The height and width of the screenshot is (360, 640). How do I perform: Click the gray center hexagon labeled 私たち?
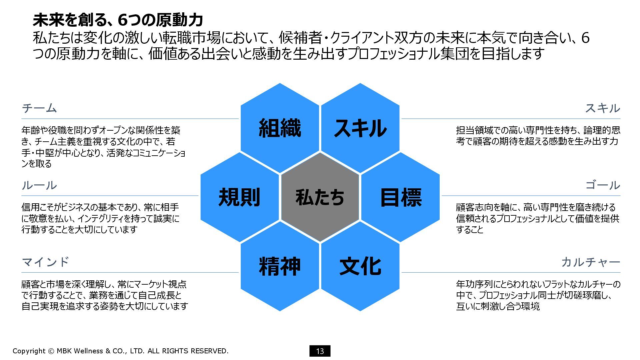[320, 197]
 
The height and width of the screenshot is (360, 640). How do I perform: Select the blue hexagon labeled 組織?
[280, 128]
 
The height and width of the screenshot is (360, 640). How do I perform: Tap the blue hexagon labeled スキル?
[360, 128]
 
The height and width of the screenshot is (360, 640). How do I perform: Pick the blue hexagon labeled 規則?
[239, 197]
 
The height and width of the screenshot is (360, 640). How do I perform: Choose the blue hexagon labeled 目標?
[401, 197]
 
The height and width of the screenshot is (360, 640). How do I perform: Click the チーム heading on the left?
[39, 108]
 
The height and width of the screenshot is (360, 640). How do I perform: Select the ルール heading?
[39, 185]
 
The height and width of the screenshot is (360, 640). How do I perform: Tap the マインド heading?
[45, 262]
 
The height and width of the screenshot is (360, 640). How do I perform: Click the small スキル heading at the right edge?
[602, 108]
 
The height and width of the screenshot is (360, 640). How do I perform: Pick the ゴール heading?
[602, 185]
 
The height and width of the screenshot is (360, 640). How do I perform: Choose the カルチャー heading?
[590, 262]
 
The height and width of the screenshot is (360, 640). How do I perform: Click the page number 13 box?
[320, 351]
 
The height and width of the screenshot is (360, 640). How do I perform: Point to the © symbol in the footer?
[51, 351]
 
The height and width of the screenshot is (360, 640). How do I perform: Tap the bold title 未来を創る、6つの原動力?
[118, 20]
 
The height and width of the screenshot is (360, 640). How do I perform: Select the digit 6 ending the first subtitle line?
[585, 38]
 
